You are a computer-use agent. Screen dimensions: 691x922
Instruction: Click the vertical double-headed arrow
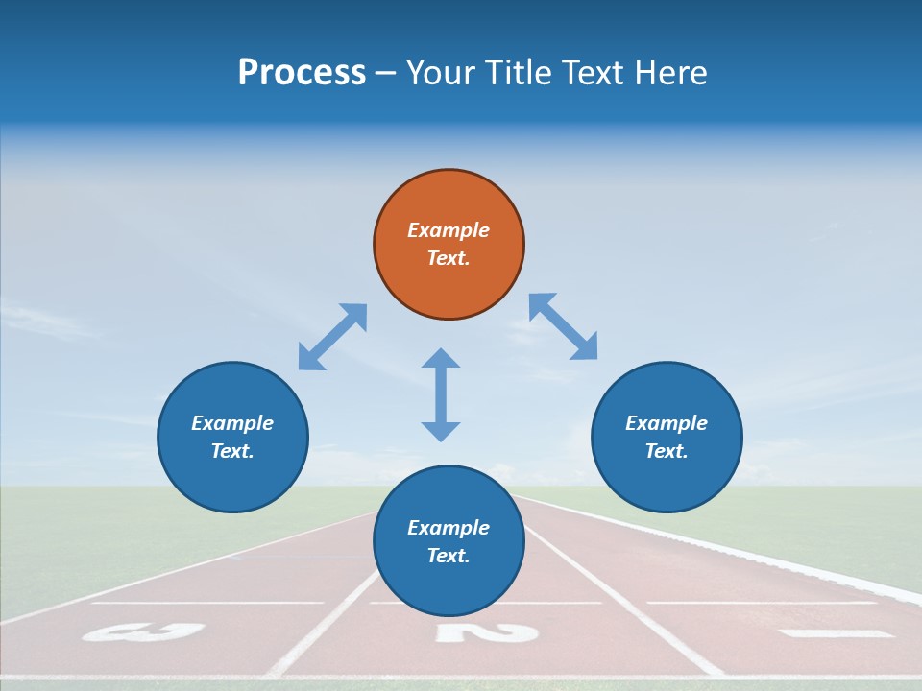pos(441,394)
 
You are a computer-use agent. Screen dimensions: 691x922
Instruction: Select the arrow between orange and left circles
pos(332,337)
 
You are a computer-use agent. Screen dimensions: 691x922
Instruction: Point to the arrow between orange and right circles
pos(563,326)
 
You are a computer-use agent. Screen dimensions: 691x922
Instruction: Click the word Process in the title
pos(302,73)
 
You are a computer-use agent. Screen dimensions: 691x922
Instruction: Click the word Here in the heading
pos(671,73)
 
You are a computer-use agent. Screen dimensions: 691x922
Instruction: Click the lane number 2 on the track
pos(486,632)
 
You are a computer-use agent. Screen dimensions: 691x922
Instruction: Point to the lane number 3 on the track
pos(144,632)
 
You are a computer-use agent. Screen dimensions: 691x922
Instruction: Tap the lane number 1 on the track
pos(836,633)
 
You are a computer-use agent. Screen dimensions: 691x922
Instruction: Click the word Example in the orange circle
pos(449,230)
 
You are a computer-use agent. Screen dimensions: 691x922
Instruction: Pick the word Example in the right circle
pos(667,423)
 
